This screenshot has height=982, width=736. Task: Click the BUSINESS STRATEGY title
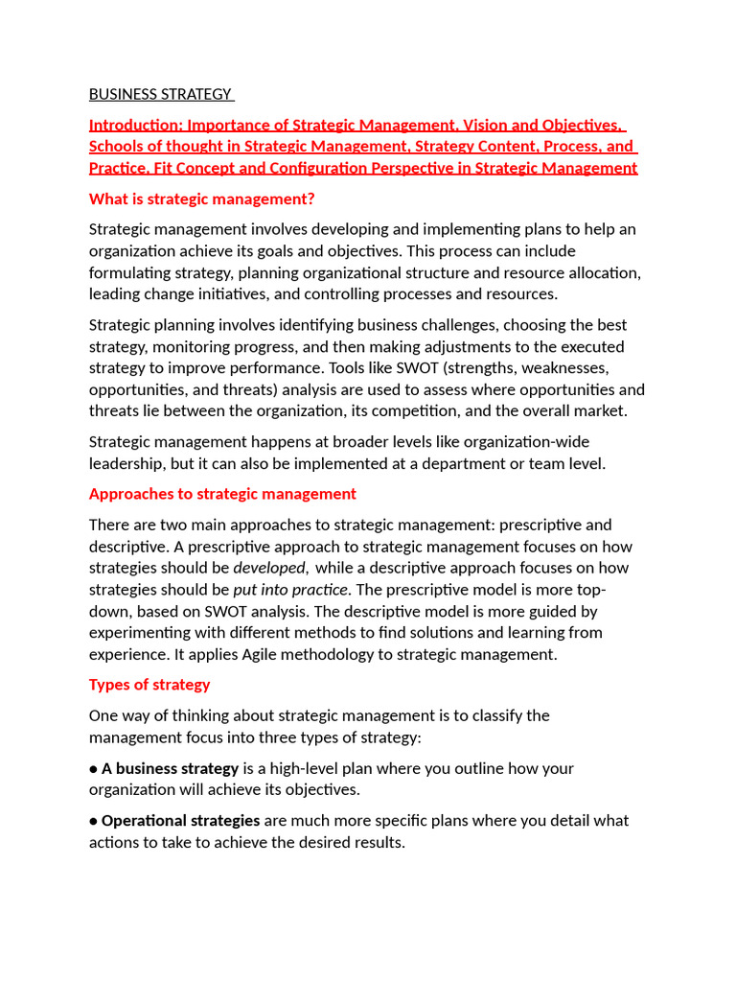160,94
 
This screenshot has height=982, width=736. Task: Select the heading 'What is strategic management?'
201,199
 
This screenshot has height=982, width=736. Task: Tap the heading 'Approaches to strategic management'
222,494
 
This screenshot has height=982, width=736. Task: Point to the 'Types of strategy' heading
149,685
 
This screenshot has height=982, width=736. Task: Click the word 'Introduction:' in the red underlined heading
135,125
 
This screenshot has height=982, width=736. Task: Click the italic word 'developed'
269,568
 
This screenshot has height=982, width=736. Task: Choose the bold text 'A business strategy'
171,768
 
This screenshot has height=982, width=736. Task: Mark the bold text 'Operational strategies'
180,821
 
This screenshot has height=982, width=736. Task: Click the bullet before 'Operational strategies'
94,821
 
